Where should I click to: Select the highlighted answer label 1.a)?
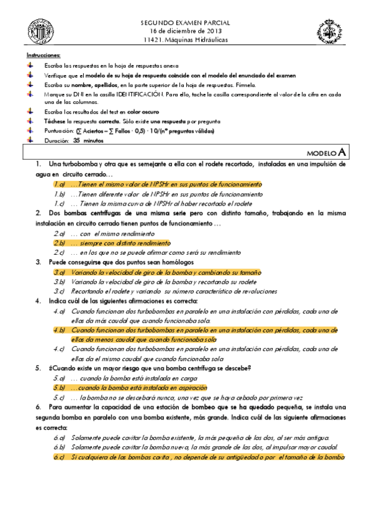tap(59, 185)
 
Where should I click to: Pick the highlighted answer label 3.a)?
tap(59, 272)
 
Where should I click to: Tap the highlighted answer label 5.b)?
tap(59, 387)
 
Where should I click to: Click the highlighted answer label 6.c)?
tap(59, 457)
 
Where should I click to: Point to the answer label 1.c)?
tap(59, 203)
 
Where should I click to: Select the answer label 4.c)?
tap(59, 349)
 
